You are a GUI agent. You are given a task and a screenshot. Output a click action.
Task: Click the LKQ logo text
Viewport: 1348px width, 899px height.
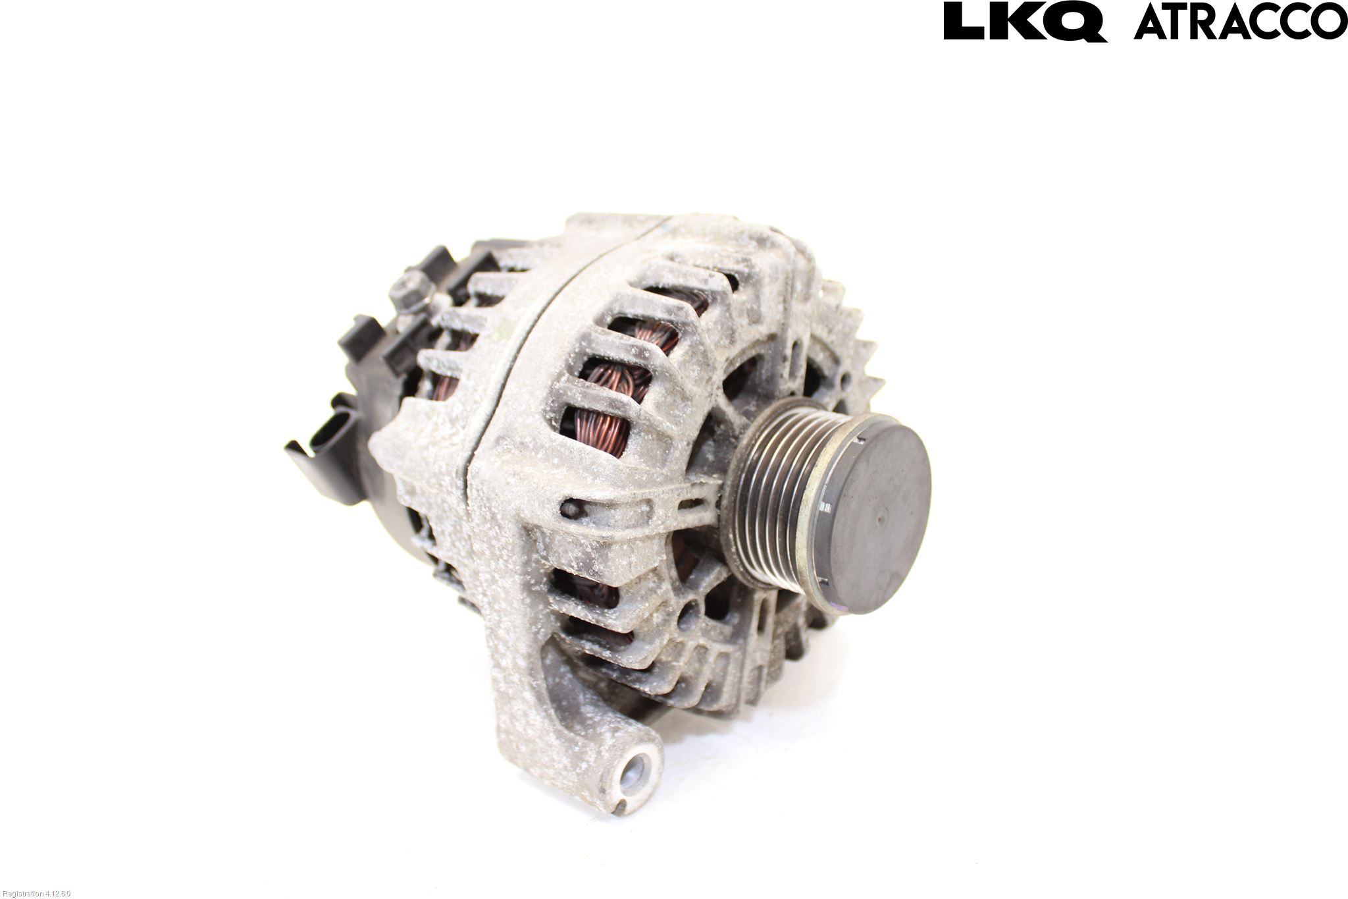coord(1024,21)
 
